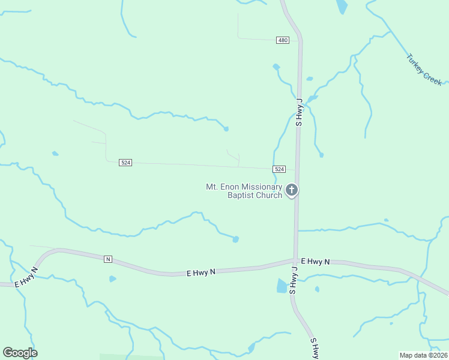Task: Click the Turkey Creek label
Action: tap(424, 70)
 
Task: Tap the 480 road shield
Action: tap(283, 40)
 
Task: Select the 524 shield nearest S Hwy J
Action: tap(279, 169)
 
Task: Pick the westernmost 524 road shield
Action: tap(125, 163)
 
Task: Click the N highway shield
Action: tap(108, 259)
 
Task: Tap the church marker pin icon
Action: tap(292, 191)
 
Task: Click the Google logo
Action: tap(20, 353)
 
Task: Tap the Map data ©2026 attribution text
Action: tap(423, 355)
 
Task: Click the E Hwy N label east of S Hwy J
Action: tap(316, 262)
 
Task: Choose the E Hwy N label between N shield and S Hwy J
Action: tap(200, 272)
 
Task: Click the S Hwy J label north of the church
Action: tap(299, 112)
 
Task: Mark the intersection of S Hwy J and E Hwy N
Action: tap(296, 261)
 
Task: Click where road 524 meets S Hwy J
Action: tap(297, 170)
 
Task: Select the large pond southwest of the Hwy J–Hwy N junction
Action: tap(282, 286)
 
